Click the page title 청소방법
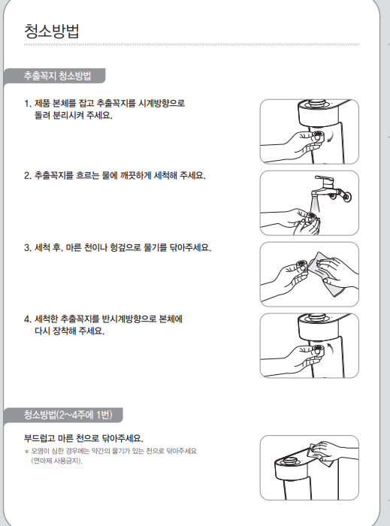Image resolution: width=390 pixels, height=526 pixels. pyautogui.click(x=52, y=32)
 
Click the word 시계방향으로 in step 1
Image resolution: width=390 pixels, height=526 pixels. pyautogui.click(x=162, y=103)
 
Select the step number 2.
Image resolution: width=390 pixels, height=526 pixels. pyautogui.click(x=28, y=176)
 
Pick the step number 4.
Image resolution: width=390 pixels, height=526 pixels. pyautogui.click(x=28, y=319)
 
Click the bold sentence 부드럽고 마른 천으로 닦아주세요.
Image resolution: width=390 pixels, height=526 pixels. pyautogui.click(x=83, y=438)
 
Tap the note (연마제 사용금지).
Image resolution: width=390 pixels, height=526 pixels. pyautogui.click(x=56, y=461)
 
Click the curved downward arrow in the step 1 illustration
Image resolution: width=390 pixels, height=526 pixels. pyautogui.click(x=331, y=136)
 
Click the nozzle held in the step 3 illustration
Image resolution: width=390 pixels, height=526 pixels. pyautogui.click(x=301, y=263)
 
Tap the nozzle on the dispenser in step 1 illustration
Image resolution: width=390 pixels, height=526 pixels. pyautogui.click(x=317, y=136)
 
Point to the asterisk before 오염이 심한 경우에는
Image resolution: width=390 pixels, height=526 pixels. pyautogui.click(x=26, y=452)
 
